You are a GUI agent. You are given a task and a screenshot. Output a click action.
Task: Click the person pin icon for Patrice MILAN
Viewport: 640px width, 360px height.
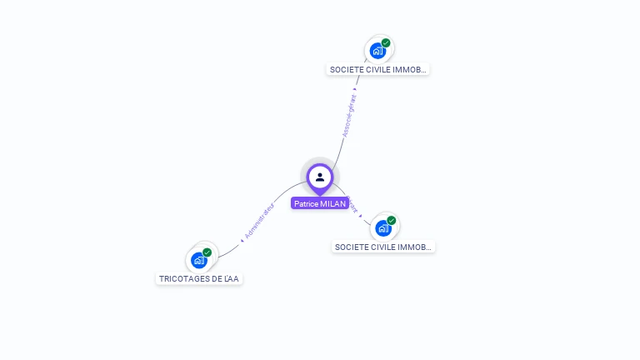pos(320,177)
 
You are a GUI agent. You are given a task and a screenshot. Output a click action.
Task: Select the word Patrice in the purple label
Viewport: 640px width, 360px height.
pos(306,203)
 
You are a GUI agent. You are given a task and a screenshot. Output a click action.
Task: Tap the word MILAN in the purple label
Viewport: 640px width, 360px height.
pos(332,203)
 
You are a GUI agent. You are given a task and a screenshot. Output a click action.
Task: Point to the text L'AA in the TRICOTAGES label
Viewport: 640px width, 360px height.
pos(232,278)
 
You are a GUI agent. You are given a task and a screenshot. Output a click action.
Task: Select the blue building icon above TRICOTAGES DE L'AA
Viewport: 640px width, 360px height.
pos(198,260)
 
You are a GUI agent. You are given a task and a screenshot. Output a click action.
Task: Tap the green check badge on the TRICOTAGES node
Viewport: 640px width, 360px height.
pos(207,252)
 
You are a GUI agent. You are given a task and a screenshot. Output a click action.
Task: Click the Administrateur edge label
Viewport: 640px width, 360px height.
pos(259,221)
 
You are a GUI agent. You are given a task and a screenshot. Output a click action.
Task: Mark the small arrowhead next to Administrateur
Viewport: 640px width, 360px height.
pos(242,240)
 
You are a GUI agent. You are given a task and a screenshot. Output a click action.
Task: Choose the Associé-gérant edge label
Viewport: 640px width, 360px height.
pos(349,115)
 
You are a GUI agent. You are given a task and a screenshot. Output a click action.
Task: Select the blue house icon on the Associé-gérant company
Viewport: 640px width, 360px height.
pos(377,51)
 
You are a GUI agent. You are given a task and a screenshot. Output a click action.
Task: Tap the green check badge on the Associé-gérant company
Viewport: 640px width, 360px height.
pos(386,42)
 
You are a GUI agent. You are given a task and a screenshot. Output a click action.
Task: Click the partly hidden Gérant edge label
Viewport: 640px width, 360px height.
pos(352,206)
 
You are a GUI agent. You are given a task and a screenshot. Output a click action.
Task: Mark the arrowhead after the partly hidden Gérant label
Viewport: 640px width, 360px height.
pos(360,217)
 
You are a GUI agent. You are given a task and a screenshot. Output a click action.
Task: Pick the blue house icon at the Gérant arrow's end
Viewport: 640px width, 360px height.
pos(382,228)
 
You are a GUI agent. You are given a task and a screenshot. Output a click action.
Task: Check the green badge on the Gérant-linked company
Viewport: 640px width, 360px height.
pos(391,221)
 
